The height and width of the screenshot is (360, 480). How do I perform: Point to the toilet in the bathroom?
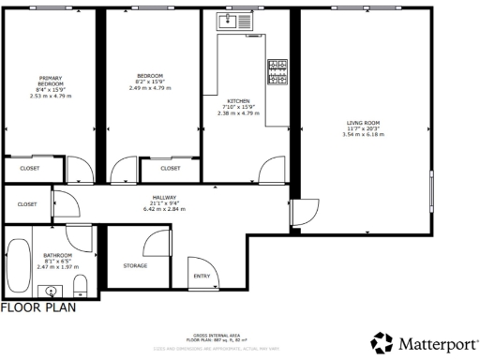[x=81, y=285]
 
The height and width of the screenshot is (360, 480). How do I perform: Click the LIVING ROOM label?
[x=364, y=123]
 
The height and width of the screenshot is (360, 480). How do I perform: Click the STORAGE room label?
[x=135, y=265]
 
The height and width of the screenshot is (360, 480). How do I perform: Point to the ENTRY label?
[x=202, y=276]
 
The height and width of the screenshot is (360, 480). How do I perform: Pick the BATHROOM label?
[x=57, y=255]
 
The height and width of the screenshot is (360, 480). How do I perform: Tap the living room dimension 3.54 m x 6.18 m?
[x=364, y=135]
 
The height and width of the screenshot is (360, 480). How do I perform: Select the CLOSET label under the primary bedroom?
[x=30, y=169]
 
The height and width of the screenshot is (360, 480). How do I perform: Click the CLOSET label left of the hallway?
[x=27, y=203]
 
